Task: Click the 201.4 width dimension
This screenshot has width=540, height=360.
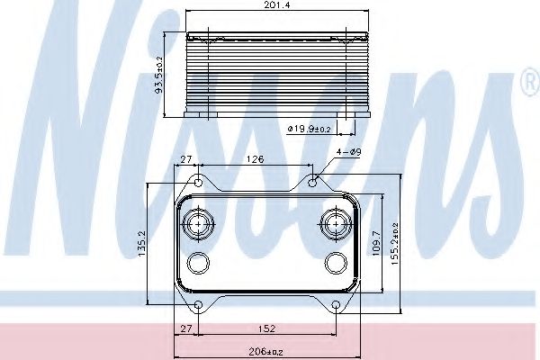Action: [x=277, y=5]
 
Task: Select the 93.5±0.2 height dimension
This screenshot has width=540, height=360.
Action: [x=159, y=74]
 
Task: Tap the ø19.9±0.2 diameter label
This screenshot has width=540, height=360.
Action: [x=309, y=129]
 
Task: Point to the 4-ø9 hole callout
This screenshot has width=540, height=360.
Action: [x=349, y=152]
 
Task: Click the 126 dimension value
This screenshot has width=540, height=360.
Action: [x=256, y=159]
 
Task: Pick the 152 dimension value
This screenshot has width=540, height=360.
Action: [x=267, y=328]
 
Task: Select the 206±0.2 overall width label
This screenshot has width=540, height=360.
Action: [x=265, y=352]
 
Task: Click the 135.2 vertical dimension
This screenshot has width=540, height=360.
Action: [x=142, y=244]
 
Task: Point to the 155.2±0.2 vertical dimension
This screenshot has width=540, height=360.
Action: [x=395, y=244]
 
